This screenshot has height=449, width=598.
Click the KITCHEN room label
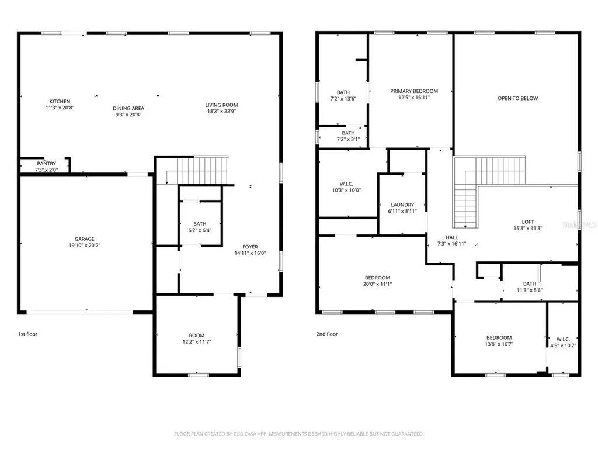point(60,102)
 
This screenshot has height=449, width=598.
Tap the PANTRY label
point(47,164)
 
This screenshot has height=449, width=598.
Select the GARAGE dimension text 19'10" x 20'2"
point(84,246)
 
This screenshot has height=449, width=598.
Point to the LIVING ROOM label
point(221,105)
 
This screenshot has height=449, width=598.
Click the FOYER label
point(250,247)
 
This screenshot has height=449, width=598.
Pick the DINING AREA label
point(128,108)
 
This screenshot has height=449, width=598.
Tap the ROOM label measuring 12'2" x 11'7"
point(197,336)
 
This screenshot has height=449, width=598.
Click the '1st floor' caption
point(28,334)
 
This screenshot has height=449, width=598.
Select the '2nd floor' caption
point(327,334)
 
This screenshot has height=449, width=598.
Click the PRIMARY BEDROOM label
point(414,91)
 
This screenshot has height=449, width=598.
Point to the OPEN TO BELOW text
point(518,98)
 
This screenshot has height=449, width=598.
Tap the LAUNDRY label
point(402,205)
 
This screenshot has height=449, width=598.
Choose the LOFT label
point(528,222)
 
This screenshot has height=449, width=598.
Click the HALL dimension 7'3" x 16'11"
point(451,244)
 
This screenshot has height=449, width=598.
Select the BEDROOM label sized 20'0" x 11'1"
point(378,278)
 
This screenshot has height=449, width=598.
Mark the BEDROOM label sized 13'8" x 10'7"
point(499,338)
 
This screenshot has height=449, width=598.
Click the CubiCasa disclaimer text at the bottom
point(299,434)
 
